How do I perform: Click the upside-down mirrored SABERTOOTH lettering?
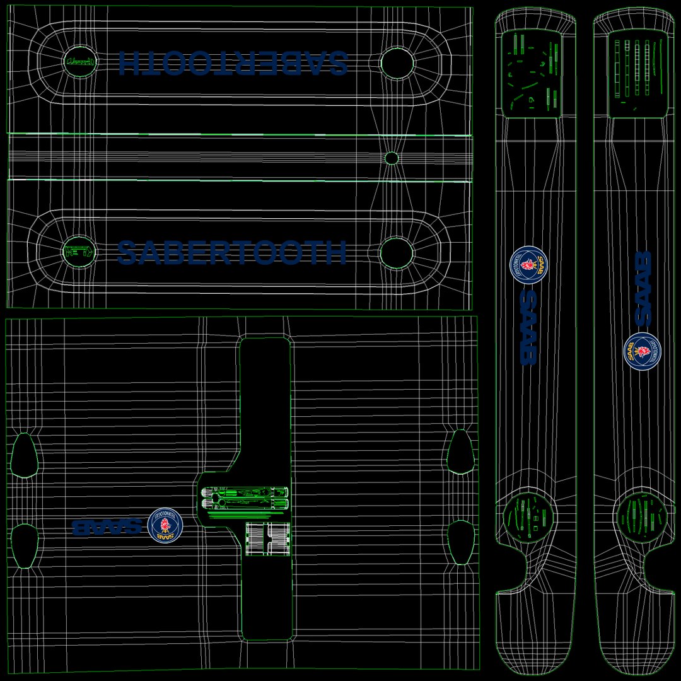(233, 62)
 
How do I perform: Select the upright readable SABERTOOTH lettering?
(232, 253)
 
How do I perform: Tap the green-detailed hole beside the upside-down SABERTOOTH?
(80, 62)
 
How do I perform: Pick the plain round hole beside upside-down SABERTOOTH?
(397, 62)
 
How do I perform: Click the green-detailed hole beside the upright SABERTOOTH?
(79, 252)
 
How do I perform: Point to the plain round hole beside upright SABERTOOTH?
(397, 252)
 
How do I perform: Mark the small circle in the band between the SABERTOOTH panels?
(392, 158)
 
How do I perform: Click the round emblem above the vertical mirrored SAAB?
(528, 265)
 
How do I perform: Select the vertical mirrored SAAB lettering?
(528, 327)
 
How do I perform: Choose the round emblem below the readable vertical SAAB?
(642, 351)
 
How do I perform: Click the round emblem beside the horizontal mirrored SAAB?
(165, 525)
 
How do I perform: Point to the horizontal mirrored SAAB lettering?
(107, 527)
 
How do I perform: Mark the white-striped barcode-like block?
(268, 539)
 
